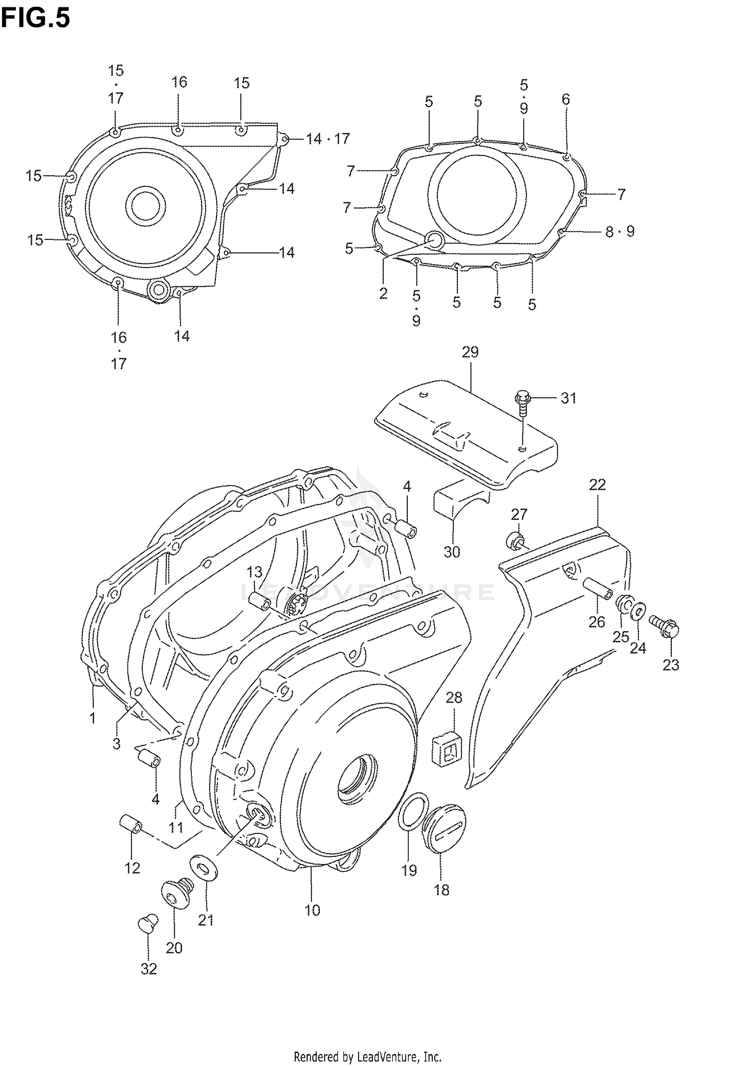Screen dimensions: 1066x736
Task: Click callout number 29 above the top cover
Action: tap(470, 352)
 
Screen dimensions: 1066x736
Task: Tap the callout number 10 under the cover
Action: tap(312, 910)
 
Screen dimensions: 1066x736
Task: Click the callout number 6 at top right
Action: tap(566, 100)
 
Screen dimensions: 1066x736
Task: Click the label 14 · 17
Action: tap(327, 139)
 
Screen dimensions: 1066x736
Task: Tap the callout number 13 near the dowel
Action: tap(255, 572)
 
